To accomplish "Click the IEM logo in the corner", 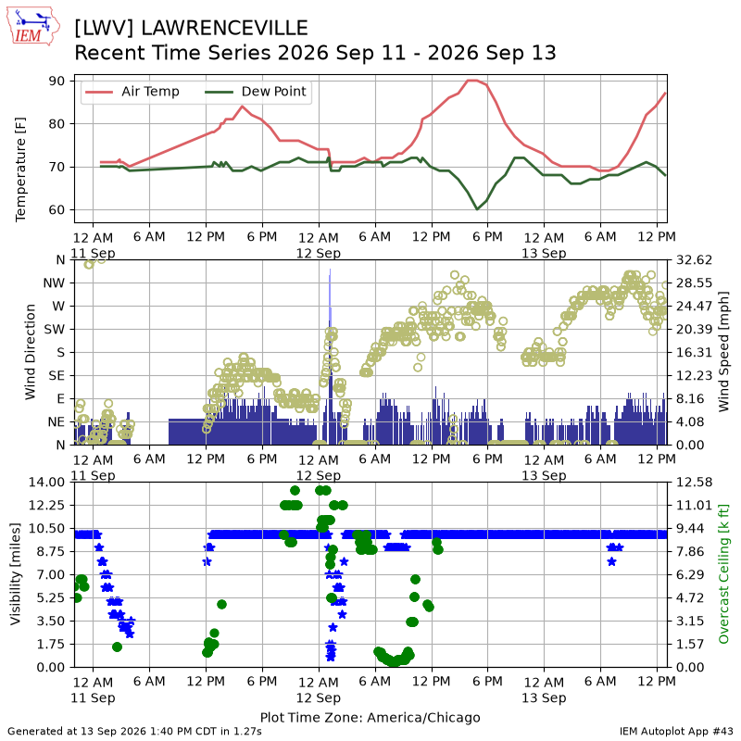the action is coord(32,26).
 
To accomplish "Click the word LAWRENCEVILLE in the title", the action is coord(224,29).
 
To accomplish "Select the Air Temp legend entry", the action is coord(132,91).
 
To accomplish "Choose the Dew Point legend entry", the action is coord(256,91).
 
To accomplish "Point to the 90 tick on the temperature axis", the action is coord(57,81).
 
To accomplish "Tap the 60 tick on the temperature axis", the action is coord(57,210).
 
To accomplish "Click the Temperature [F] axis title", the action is coord(20,170).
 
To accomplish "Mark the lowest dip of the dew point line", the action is coord(477,209).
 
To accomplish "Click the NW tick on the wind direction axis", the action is coord(54,283).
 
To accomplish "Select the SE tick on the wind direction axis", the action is coord(57,376).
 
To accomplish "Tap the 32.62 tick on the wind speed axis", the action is coord(694,260).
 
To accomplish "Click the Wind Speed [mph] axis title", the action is coord(723,352).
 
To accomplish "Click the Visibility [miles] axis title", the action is coord(16,574).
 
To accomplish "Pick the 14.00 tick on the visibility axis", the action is coord(47,482).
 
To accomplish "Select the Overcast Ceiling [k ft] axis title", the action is coord(723,574).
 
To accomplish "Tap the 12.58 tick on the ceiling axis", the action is coord(694,482).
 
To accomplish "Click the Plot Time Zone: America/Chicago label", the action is coord(370,717).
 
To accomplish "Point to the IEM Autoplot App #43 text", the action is coord(676,732).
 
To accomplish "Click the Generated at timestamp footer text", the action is coord(134,732).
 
